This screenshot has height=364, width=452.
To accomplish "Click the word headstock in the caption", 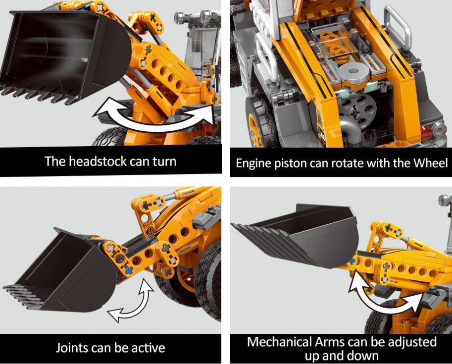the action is (x=99, y=161).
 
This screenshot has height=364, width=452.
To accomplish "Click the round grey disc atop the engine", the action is (x=353, y=72).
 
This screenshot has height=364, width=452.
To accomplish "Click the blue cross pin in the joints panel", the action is (x=129, y=270).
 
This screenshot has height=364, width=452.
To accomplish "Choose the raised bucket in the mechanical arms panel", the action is (x=300, y=234).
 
